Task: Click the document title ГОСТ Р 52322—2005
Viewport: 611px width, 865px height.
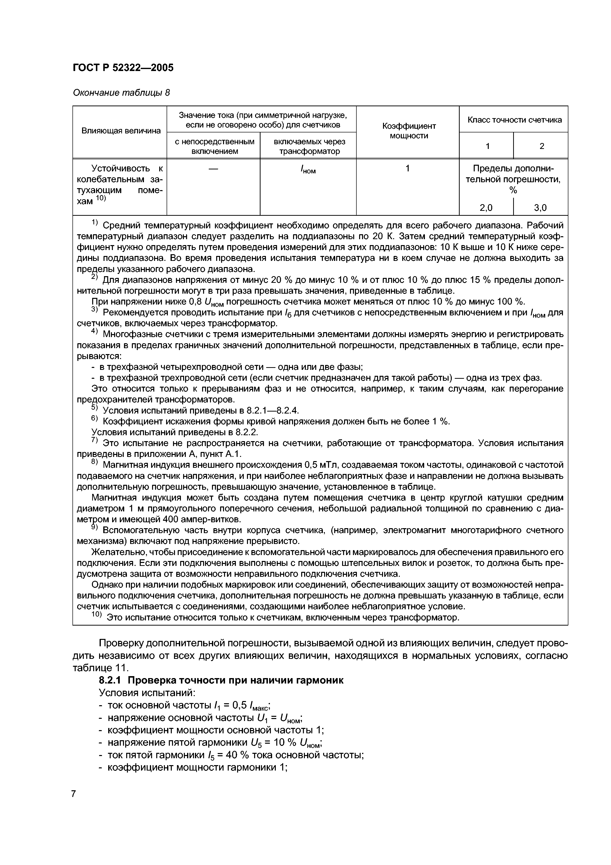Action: click(123, 68)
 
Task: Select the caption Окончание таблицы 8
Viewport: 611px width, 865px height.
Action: click(121, 93)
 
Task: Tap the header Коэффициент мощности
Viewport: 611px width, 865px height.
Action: click(408, 131)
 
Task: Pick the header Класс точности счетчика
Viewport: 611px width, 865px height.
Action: click(514, 120)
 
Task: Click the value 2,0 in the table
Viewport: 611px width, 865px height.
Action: click(486, 208)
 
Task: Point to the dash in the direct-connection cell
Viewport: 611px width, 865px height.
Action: click(213, 169)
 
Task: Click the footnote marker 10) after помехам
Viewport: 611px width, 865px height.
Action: click(101, 198)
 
